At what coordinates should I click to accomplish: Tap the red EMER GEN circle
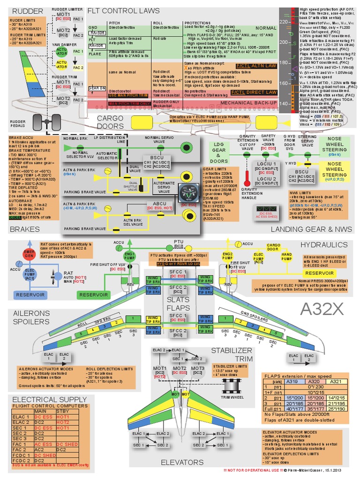[29, 254]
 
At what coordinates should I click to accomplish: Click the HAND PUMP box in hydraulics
[286, 256]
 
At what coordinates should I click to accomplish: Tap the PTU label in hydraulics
[178, 241]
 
